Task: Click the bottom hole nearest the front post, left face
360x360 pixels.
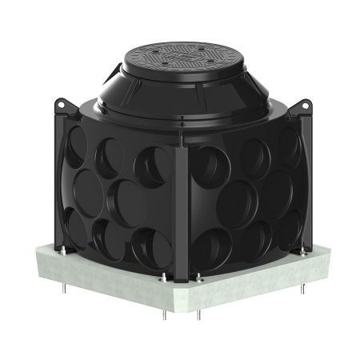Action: (148, 248)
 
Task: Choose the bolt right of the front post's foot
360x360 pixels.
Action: (198, 279)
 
